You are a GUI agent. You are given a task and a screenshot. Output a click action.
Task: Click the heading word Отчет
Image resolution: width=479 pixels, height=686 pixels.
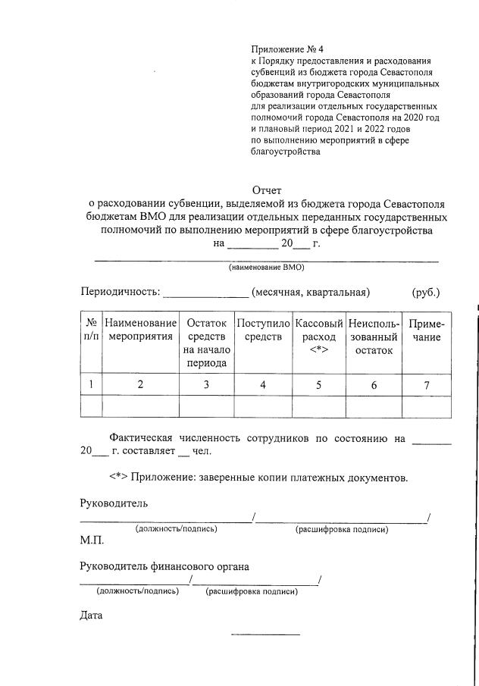(x=266, y=190)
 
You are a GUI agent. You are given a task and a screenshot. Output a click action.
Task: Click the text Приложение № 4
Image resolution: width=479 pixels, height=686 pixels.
(x=287, y=49)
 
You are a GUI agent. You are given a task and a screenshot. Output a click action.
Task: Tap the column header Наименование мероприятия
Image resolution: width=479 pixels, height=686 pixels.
(x=140, y=330)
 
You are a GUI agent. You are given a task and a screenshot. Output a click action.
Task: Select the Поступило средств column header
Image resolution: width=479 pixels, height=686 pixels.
(x=263, y=330)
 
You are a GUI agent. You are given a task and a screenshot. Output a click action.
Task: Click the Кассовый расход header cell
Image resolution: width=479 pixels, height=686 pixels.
(x=318, y=337)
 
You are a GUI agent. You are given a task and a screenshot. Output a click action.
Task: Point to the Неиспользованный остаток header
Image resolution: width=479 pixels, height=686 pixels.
(x=374, y=337)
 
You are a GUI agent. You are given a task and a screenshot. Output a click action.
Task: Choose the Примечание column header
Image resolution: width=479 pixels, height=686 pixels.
(x=427, y=330)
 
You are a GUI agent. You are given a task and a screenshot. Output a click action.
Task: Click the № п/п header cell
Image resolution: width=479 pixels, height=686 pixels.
(x=91, y=330)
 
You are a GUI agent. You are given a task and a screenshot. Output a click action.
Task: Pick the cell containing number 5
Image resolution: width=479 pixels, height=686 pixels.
(x=318, y=385)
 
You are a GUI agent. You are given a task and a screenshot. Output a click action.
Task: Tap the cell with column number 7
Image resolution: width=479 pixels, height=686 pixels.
(x=427, y=385)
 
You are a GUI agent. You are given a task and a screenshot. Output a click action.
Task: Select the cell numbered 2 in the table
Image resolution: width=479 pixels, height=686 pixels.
(x=140, y=385)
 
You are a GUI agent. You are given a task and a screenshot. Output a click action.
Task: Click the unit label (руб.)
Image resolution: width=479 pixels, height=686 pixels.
(x=426, y=293)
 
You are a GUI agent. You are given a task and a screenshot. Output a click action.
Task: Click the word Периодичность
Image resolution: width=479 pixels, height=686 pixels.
(x=120, y=293)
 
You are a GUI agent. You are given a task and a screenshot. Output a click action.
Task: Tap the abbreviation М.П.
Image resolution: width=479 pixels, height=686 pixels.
(x=92, y=541)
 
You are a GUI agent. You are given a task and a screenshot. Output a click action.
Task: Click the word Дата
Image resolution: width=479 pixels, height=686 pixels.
(x=91, y=616)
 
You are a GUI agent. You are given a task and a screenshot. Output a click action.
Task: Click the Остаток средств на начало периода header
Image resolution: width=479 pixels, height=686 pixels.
(x=206, y=343)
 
